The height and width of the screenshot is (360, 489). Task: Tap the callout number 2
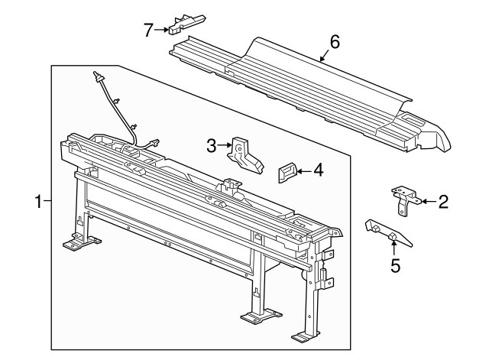[x=443, y=203]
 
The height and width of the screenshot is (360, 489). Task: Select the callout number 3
[x=212, y=143]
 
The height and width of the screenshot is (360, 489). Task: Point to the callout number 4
[x=318, y=170]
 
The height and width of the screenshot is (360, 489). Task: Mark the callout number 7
[x=149, y=30]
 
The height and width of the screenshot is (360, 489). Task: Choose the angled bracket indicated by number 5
[x=389, y=235]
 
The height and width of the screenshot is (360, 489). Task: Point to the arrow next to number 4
[x=303, y=171]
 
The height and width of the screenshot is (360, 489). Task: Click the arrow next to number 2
[x=426, y=203]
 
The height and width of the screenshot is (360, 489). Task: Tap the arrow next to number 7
[x=165, y=30]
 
